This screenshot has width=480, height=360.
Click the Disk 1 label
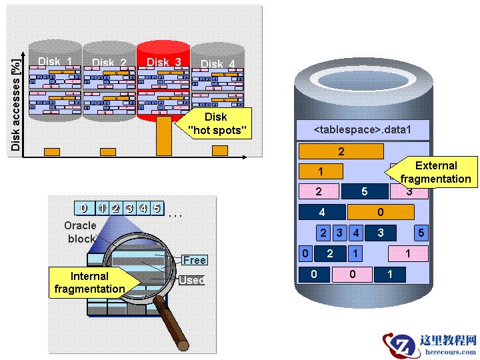pos(55,61)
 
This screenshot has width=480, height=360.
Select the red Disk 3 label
pos(163,62)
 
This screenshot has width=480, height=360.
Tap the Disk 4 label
pos(217,64)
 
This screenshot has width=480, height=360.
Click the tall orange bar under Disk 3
pos(164,136)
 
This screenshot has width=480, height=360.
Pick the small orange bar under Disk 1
pos(52,151)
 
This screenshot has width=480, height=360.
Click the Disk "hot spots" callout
pos(215,124)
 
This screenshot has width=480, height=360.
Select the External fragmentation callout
pos(435,172)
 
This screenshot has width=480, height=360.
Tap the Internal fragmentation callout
pos(89,282)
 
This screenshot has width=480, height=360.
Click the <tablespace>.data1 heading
pos(362,129)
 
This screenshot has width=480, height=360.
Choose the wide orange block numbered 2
pos(341,151)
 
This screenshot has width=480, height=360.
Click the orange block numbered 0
pos(381,212)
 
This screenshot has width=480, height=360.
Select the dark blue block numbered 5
pos(364,191)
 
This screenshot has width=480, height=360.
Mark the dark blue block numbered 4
pos(322,212)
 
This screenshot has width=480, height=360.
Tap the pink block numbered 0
pos(352,274)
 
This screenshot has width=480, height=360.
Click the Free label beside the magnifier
pos(194,260)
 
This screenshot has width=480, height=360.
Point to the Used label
pos(191,281)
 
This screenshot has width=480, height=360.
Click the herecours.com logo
pos(430,344)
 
